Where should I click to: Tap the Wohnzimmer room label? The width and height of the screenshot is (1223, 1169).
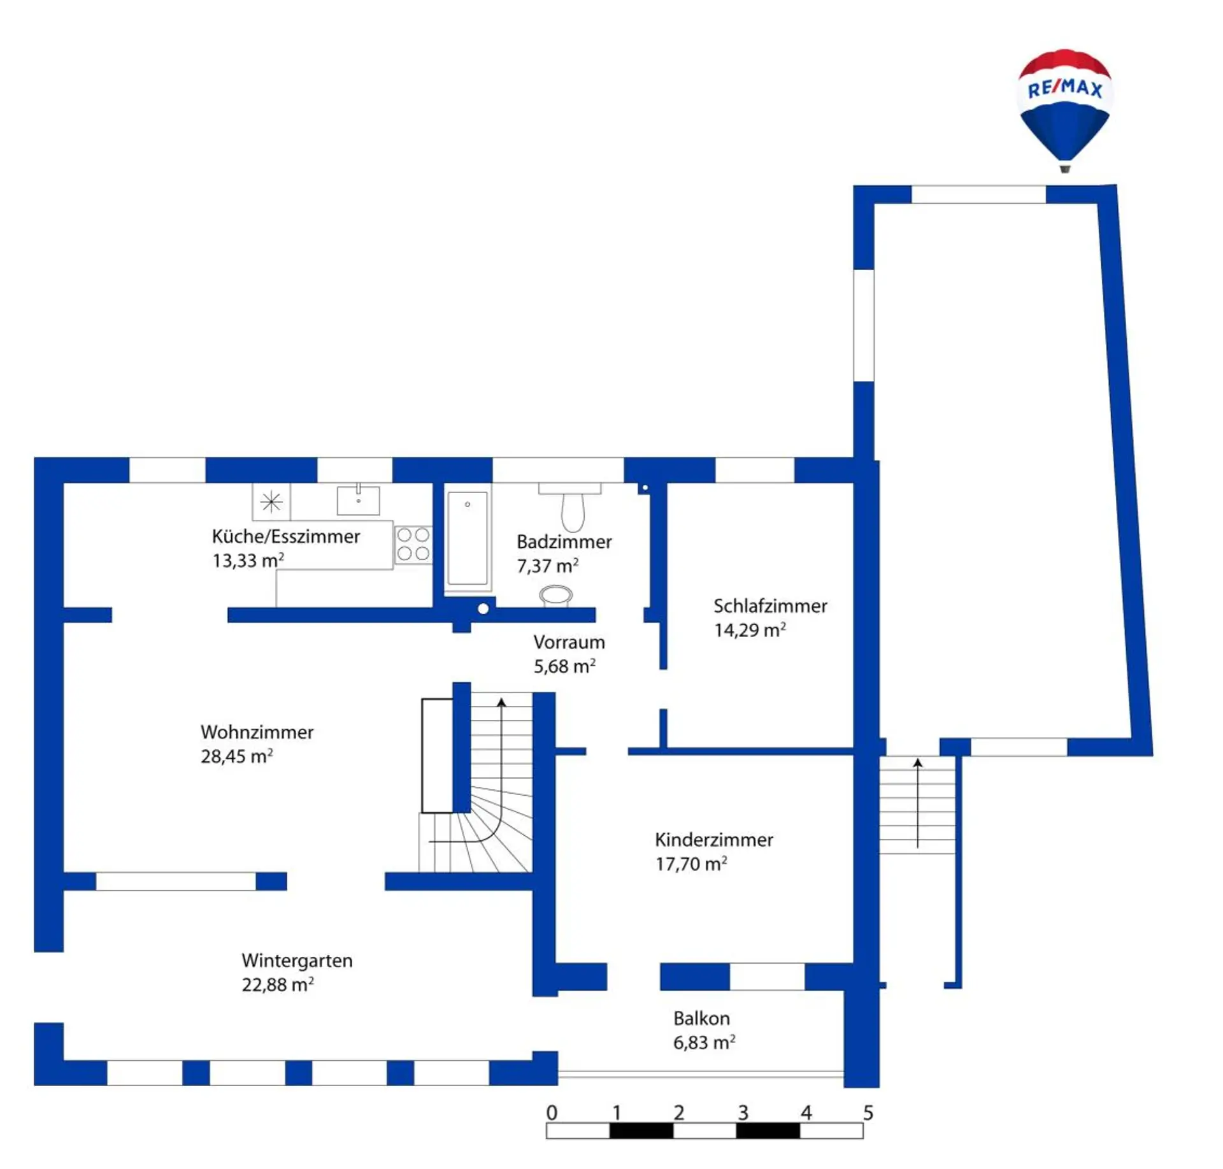(257, 732)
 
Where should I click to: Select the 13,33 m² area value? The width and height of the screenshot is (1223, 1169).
(248, 561)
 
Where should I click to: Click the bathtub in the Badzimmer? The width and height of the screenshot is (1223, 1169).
(468, 538)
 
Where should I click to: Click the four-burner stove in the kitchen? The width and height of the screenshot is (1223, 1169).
(413, 544)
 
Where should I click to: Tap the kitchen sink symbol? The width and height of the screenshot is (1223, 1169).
(358, 499)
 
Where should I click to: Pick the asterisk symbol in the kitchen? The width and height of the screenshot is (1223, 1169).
(271, 502)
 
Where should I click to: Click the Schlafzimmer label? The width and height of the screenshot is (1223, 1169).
(770, 606)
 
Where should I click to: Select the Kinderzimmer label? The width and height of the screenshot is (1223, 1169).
(713, 840)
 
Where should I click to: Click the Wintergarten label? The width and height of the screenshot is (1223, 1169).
(297, 961)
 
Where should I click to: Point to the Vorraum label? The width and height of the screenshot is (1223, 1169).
(569, 642)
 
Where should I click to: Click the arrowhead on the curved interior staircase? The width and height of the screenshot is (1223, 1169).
(501, 702)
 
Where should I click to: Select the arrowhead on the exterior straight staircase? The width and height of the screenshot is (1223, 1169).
(917, 763)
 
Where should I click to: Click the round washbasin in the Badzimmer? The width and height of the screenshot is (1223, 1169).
(556, 596)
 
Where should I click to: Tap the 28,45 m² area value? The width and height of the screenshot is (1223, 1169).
(236, 756)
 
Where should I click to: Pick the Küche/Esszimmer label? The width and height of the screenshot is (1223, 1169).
(286, 536)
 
